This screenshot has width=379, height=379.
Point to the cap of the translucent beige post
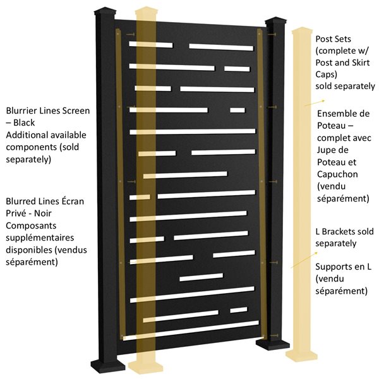[147, 12]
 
